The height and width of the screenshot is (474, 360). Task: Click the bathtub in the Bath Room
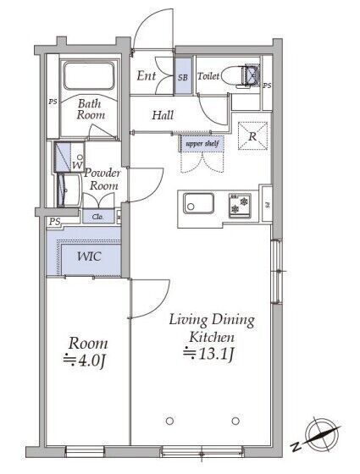click(89, 75)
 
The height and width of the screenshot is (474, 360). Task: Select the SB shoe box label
click(183, 77)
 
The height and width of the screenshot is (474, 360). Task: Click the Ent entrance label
click(147, 75)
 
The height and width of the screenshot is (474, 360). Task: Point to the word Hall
click(163, 115)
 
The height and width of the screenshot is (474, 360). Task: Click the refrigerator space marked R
click(252, 136)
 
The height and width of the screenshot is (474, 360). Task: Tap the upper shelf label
click(202, 144)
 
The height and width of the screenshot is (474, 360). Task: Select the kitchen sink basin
click(199, 203)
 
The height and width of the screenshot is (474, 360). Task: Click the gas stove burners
click(240, 205)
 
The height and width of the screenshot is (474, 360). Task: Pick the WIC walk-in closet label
click(89, 256)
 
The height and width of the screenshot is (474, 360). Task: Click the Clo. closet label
click(97, 217)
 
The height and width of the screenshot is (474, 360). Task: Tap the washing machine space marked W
click(69, 157)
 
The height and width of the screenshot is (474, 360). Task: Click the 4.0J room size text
click(85, 361)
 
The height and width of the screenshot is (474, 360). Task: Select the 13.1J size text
click(208, 354)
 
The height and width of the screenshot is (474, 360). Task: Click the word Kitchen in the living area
click(212, 337)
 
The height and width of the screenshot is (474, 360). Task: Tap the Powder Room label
click(102, 179)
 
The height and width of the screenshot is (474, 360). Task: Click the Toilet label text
click(208, 76)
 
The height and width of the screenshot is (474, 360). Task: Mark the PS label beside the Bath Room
click(53, 102)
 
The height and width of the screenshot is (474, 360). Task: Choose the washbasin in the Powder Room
click(69, 190)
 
